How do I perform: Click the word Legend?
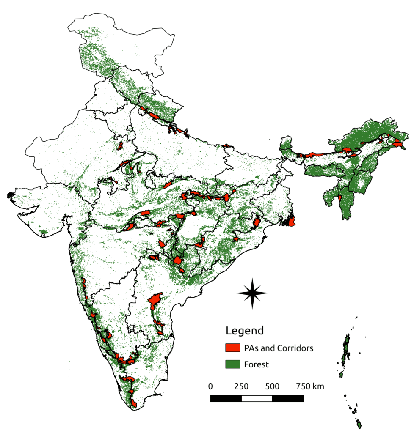point(245,331)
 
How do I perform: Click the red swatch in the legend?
point(232,348)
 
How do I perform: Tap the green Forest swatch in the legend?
point(232,364)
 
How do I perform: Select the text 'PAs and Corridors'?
point(278,348)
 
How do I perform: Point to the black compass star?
point(252,293)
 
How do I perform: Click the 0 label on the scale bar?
point(210,386)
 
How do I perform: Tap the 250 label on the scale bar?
point(241,386)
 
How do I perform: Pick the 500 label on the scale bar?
point(272,386)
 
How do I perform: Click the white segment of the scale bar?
point(257,398)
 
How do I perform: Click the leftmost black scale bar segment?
point(226,398)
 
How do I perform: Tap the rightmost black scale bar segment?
point(287,398)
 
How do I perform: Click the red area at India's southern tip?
point(133,402)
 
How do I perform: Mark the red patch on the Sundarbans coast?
point(291,221)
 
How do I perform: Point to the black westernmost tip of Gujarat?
point(10,195)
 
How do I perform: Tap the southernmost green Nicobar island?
point(359,423)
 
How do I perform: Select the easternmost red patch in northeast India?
point(398,144)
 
